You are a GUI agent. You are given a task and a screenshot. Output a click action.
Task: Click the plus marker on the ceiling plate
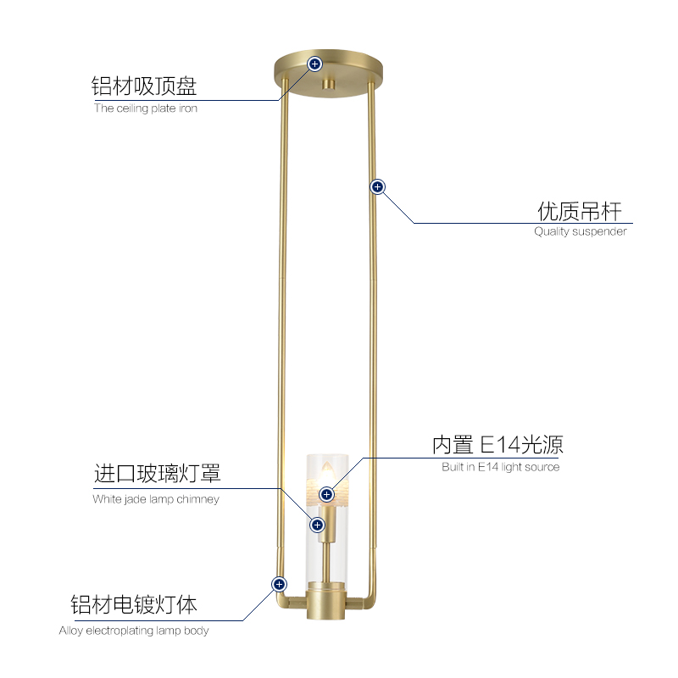tap(314, 64)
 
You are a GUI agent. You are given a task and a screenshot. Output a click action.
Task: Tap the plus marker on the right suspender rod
tap(378, 186)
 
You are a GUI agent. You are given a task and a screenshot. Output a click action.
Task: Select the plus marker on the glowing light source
tap(327, 494)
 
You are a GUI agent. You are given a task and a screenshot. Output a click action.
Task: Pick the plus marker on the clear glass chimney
tap(318, 525)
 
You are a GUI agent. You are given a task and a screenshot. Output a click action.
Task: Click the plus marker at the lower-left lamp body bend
tap(278, 584)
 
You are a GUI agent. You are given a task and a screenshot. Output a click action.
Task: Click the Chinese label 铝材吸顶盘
tap(144, 86)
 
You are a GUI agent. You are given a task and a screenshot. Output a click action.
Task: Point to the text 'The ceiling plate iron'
tap(145, 108)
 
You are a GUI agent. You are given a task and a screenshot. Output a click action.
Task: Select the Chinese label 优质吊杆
tap(580, 211)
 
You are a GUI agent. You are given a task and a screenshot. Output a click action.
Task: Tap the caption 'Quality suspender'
tap(580, 231)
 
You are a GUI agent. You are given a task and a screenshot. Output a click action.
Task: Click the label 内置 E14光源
tap(497, 445)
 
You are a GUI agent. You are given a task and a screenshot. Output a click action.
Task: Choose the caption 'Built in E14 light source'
tap(500, 467)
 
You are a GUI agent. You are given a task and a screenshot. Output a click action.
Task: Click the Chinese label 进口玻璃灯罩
tap(157, 474)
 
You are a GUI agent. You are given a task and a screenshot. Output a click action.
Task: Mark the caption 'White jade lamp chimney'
tap(156, 499)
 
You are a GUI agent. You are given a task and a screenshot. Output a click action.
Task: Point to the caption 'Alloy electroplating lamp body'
tap(134, 631)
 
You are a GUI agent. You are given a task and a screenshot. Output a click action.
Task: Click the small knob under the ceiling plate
tap(327, 85)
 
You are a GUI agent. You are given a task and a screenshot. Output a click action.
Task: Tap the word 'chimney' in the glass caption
tap(200, 499)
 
